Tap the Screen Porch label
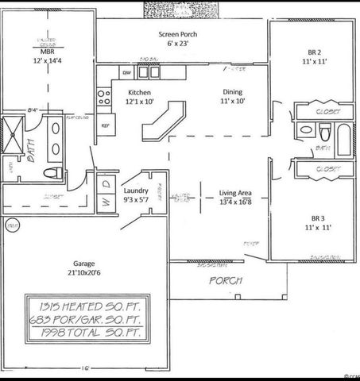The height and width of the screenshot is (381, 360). tap(178, 36)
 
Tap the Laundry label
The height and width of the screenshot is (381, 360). tap(137, 191)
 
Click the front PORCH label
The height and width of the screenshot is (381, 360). tap(225, 281)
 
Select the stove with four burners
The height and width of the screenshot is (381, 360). tap(103, 97)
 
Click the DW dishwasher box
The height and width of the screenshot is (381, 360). tap(126, 73)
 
